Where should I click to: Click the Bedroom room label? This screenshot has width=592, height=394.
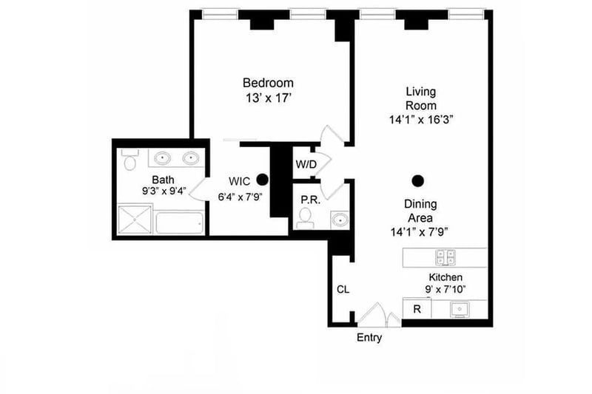point(268,83)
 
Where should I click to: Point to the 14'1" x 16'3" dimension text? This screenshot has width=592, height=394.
point(420,118)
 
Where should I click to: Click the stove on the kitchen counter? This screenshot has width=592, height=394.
point(445,257)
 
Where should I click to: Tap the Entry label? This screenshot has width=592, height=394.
point(369,338)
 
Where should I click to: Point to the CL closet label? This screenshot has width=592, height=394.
point(343,289)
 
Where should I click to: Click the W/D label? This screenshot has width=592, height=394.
point(305,164)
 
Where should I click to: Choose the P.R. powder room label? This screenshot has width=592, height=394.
point(309,200)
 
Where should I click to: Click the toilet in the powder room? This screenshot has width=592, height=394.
point(304,218)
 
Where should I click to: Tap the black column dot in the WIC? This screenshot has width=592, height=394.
point(261,179)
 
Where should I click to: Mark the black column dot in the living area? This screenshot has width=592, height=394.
point(418,180)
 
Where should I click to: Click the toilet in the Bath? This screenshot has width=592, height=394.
point(130,160)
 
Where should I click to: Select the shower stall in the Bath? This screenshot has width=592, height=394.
point(134,220)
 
